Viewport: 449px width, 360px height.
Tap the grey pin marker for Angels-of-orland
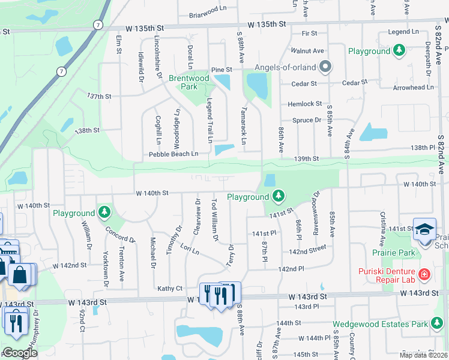325,67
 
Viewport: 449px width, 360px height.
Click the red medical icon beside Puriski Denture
424,275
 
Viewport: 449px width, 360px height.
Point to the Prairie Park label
393,253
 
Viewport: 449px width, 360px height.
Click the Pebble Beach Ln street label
173,154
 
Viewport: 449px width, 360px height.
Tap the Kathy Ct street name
170,289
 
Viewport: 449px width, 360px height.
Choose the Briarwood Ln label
208,16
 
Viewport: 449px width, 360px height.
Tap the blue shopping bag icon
20,274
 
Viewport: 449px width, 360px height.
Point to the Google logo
20,353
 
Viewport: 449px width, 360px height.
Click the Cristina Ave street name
382,223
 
